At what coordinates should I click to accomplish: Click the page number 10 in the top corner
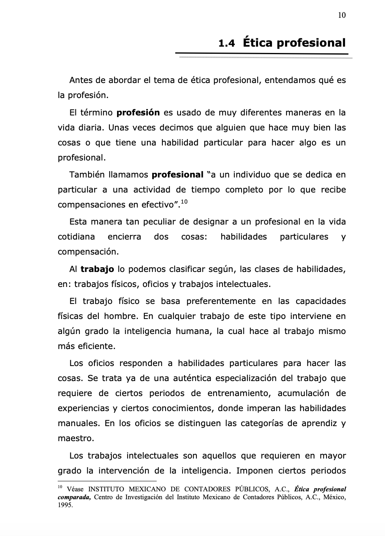click(x=342, y=15)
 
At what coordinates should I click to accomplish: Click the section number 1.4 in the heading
click(x=226, y=43)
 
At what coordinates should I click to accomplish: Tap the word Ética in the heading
click(x=258, y=42)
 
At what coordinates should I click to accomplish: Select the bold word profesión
click(x=138, y=113)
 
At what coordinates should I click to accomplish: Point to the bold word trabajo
click(x=97, y=269)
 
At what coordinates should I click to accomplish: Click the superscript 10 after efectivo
click(x=184, y=202)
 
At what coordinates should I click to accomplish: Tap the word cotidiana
click(x=76, y=237)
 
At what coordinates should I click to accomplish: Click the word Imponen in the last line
click(x=254, y=471)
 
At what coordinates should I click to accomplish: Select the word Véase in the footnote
click(x=75, y=489)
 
